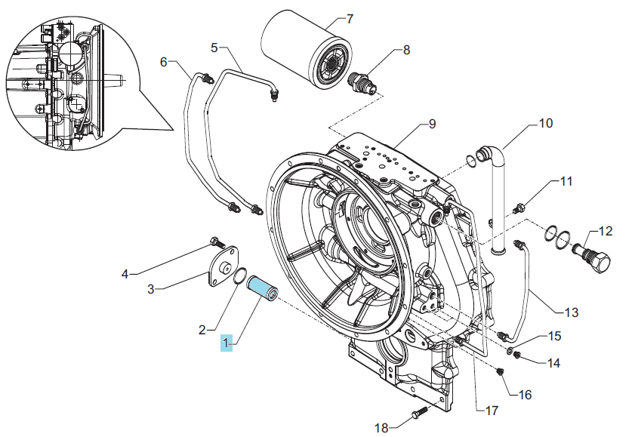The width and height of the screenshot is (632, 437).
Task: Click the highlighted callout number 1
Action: coord(226,343)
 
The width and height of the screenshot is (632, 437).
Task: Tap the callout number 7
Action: coord(350,19)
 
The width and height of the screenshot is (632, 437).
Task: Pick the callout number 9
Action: coord(432,124)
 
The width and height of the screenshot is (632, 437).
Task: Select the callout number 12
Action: coord(606,231)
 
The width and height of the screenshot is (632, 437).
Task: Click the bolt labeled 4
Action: coord(217,243)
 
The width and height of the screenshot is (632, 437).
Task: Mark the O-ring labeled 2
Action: coord(241,275)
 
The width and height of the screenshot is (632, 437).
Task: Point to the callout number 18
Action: coord(381,428)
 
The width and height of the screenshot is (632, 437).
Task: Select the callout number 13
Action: coord(571,312)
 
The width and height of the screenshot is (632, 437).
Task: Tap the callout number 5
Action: coord(214,48)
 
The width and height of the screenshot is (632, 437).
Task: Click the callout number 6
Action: coord(163,62)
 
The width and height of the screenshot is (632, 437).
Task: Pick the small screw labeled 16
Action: coord(501,372)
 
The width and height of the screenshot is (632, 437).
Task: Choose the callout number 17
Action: coord(492,411)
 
